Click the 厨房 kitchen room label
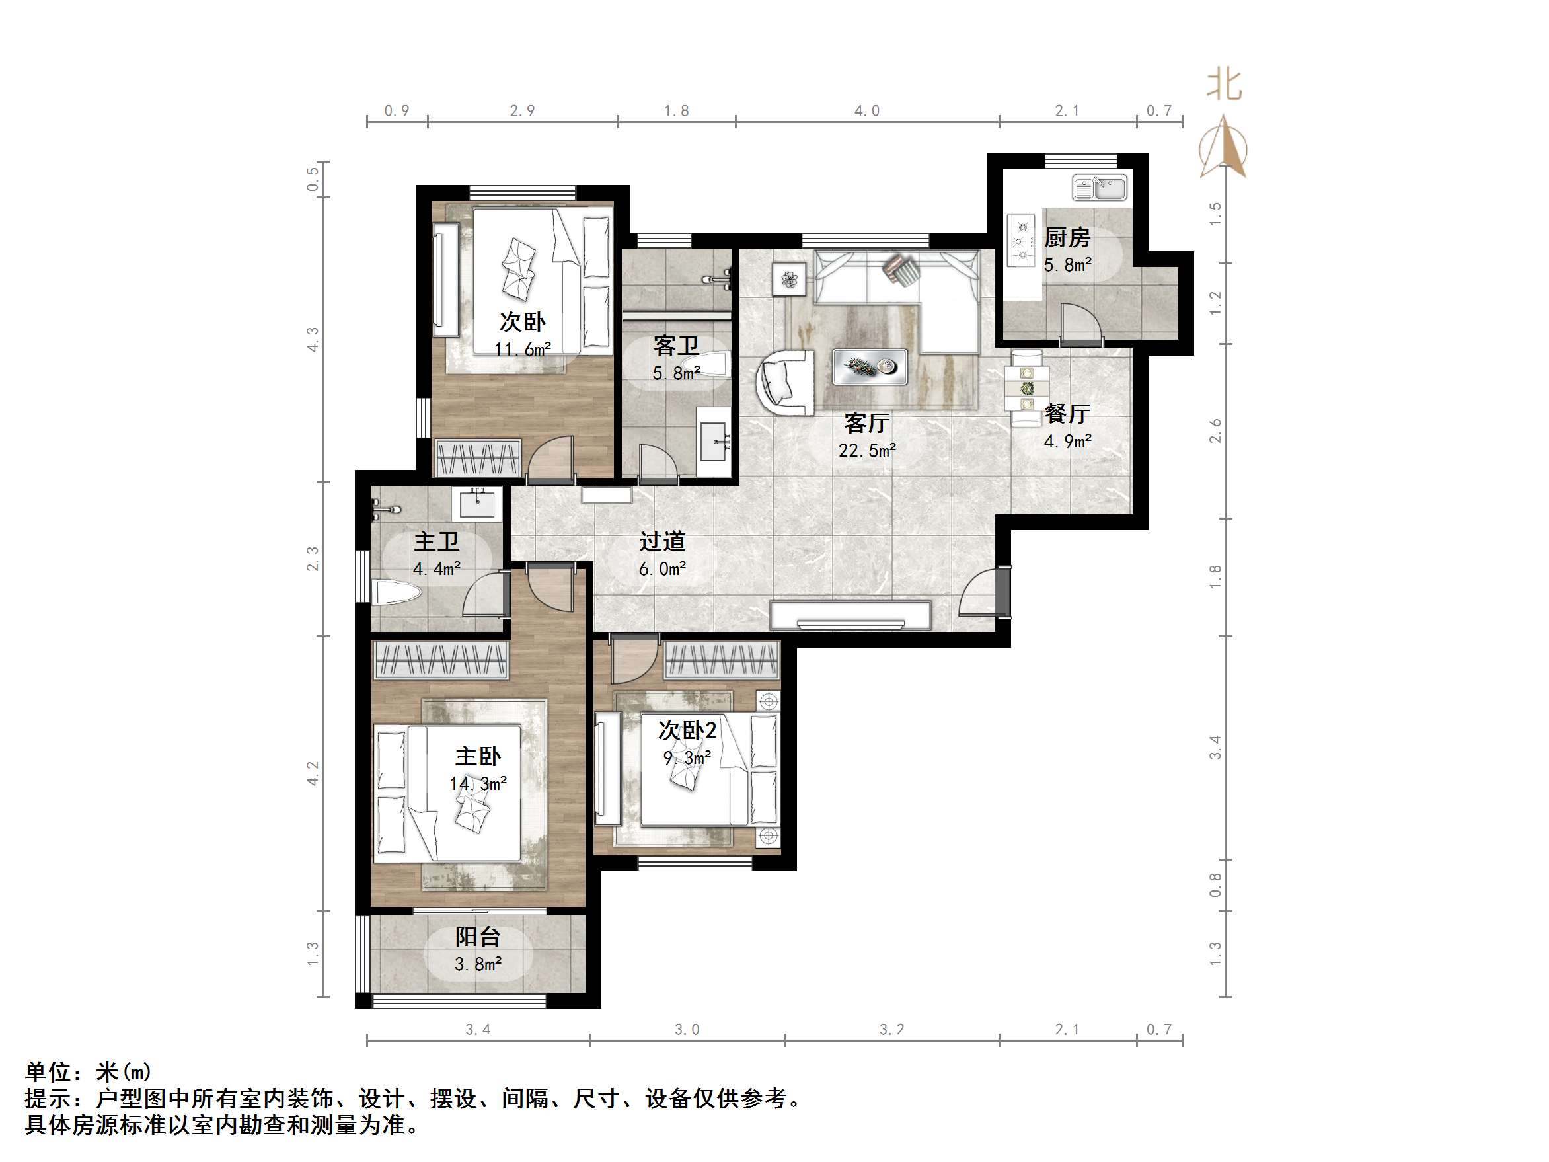click(x=1067, y=238)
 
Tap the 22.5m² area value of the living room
click(x=867, y=450)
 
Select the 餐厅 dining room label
click(x=1067, y=414)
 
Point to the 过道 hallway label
click(x=661, y=541)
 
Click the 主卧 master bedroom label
click(x=478, y=756)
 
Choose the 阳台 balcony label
click(x=478, y=937)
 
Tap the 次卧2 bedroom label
click(x=687, y=730)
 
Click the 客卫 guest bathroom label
click(x=676, y=346)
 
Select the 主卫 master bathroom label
click(x=436, y=541)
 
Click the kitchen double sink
click(x=1100, y=188)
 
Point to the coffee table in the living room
click(x=869, y=366)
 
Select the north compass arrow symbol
click(x=1223, y=149)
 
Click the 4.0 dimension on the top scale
click(x=867, y=111)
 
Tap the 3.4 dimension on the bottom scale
click(x=478, y=1030)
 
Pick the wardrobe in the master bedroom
click(x=441, y=660)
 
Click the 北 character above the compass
click(x=1223, y=86)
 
